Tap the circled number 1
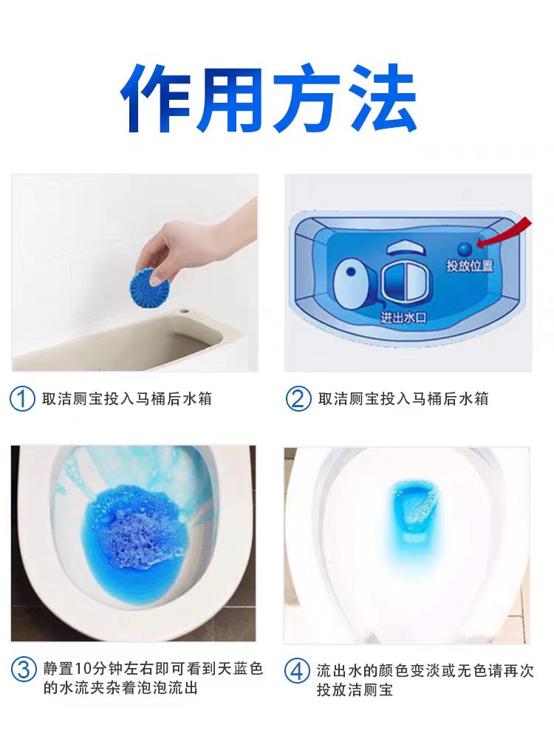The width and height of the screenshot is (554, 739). [x=22, y=399]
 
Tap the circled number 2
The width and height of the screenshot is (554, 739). [x=298, y=399]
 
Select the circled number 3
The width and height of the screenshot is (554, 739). [x=24, y=670]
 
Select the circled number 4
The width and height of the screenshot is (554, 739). [x=297, y=671]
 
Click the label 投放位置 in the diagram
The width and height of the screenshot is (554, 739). [x=469, y=266]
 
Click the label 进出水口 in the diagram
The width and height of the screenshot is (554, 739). [x=403, y=318]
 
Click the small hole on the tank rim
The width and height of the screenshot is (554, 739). [x=184, y=312]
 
